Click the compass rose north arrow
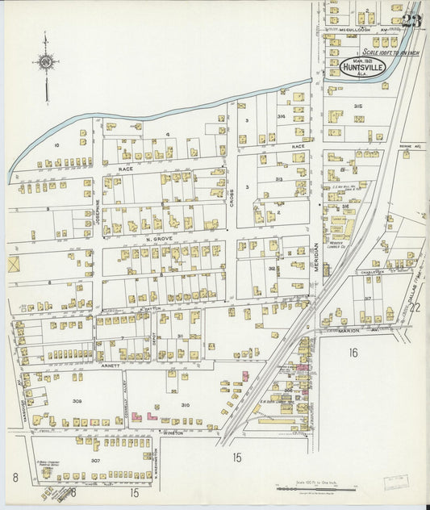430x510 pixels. pos(46,63)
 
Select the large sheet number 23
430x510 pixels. pos(411,20)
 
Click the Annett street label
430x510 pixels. pos(110,365)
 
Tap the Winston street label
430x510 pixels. pos(173,432)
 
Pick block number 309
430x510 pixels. pos(77,400)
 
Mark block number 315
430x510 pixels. pos(357,106)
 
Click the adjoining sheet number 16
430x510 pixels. pos(353,353)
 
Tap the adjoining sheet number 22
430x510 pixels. pos(415,307)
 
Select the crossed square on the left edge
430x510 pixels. pos(13,263)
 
